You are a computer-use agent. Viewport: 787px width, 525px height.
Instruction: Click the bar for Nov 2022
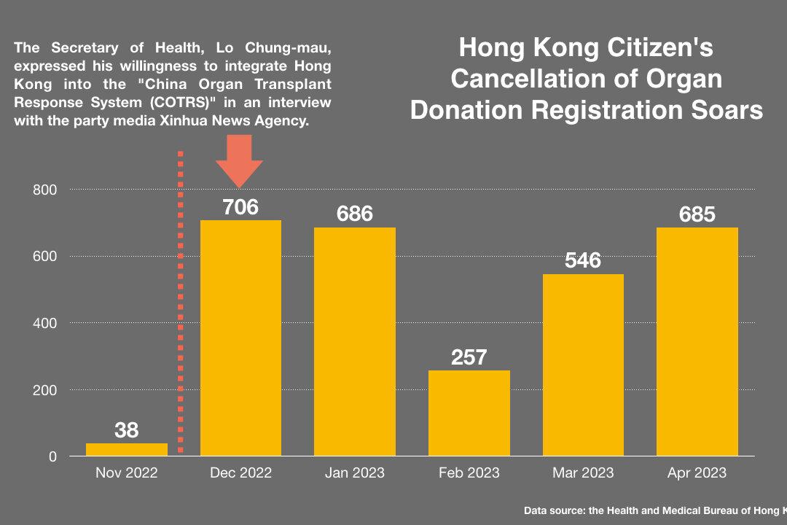point(126,449)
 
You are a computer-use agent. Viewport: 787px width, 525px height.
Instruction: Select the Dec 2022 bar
point(240,338)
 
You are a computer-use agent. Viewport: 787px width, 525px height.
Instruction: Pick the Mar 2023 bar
point(583,365)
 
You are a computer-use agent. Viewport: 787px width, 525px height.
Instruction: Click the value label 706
point(240,207)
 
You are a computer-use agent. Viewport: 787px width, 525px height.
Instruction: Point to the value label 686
point(354,214)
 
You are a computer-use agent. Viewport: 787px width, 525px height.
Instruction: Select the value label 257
point(469,357)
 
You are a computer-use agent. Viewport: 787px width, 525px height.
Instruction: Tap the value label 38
point(126,430)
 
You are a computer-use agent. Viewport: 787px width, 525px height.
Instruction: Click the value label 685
point(697,214)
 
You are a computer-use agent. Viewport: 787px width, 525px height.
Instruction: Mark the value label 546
point(583,260)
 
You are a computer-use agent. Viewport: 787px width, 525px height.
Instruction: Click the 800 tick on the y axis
point(45,190)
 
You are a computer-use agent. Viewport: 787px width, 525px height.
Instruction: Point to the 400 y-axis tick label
point(45,323)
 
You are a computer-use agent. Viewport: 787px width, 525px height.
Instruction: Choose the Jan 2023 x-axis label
point(354,473)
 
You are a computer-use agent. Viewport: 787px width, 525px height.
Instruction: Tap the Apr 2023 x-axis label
point(697,473)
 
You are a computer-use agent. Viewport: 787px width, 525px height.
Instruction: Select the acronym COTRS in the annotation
point(182,103)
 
